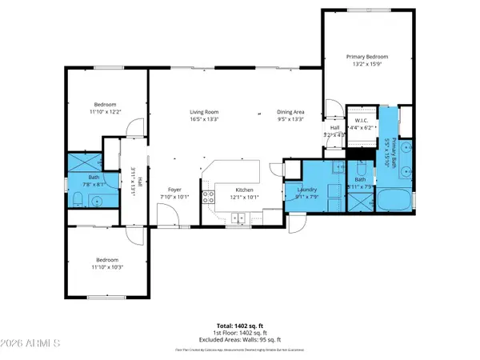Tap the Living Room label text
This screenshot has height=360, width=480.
pos(205,111)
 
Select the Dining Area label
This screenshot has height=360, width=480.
pos(290,111)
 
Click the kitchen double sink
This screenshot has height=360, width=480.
pos(238,217)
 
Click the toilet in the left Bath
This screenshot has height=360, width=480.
pos(75,199)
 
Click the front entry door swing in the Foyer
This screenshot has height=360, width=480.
pos(168,214)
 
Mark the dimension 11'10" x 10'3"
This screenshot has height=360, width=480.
pos(106,266)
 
